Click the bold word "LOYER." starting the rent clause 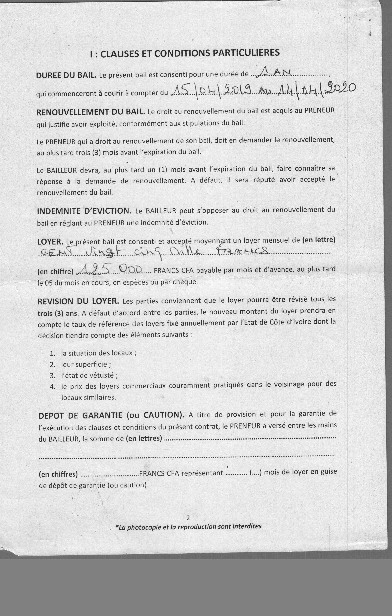50,242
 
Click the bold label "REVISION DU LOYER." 78,301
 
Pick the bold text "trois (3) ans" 57,313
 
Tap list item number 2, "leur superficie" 86,364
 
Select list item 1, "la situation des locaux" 98,353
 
